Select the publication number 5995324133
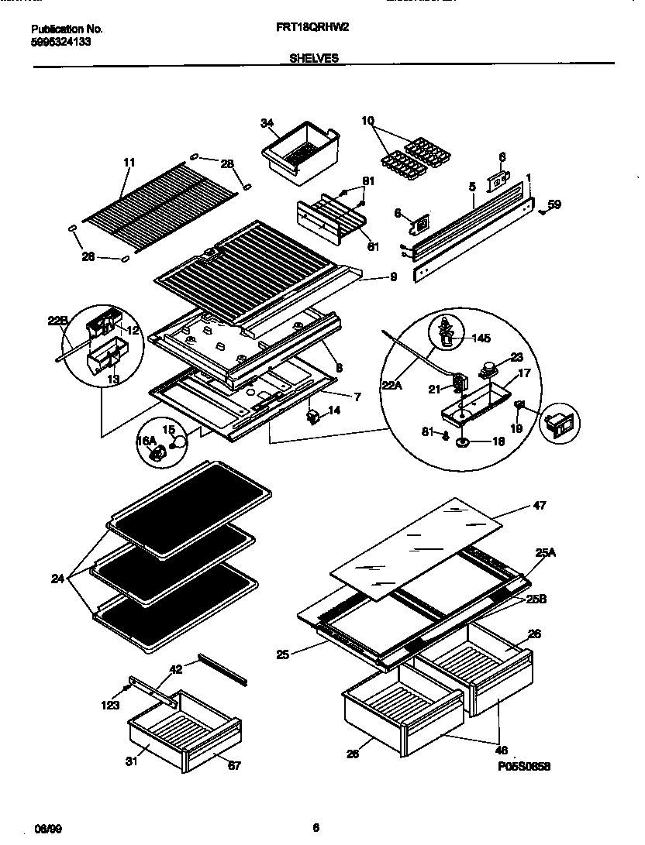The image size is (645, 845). point(61,42)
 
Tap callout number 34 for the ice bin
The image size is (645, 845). point(267,123)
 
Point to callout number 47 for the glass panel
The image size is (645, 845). point(540,506)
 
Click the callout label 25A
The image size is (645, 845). point(545,553)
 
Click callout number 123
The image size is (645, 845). point(109,705)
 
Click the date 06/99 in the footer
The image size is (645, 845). point(48,828)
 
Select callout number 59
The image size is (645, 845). point(554,205)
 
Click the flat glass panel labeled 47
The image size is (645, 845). point(419,542)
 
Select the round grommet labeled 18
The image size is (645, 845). point(464,443)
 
